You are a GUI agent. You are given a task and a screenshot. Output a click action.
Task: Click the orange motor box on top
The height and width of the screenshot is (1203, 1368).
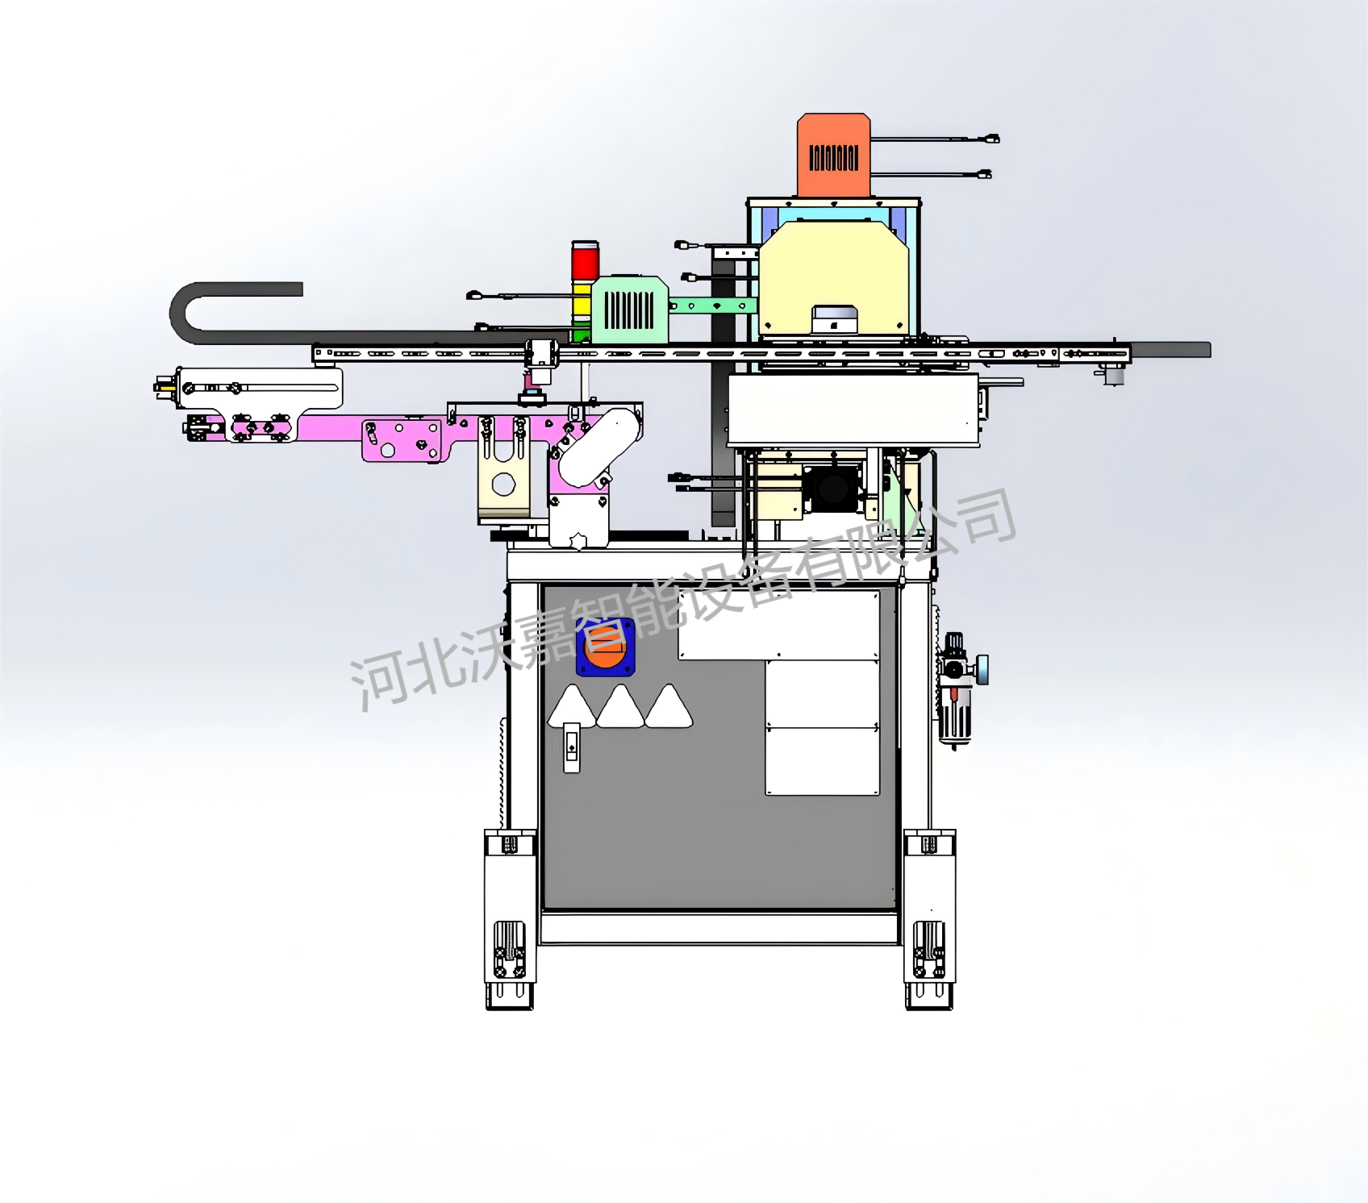pos(834,155)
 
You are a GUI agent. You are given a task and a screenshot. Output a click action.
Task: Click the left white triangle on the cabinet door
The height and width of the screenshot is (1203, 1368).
pos(572,709)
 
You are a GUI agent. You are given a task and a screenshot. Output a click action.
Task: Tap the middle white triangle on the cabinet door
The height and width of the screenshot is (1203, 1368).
pos(620,708)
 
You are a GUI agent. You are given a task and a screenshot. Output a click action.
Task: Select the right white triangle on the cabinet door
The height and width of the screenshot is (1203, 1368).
pos(669,708)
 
